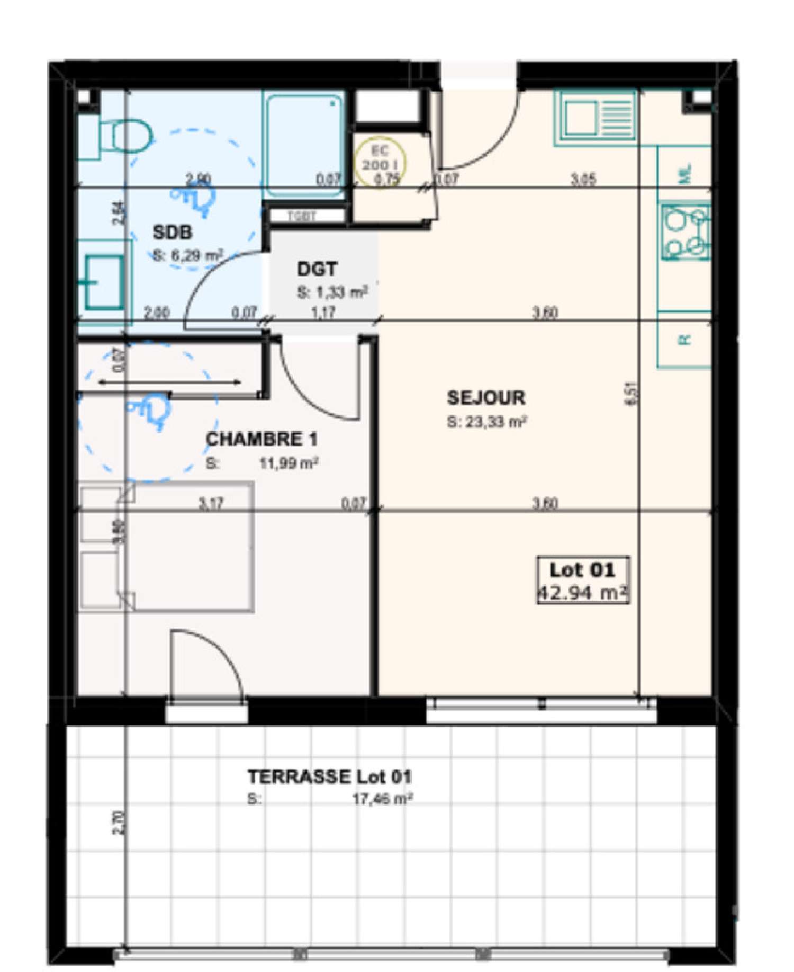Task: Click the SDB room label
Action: point(172,232)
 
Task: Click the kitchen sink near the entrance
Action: point(595,117)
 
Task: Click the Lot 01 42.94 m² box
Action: point(583,579)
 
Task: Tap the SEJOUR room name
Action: point(486,397)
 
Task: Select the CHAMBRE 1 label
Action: point(261,439)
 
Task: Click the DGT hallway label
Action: point(317,269)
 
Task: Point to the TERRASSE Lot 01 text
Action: point(329,777)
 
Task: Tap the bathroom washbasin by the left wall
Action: point(104,282)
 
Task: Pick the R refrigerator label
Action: point(684,340)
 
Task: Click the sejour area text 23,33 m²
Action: point(487,422)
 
